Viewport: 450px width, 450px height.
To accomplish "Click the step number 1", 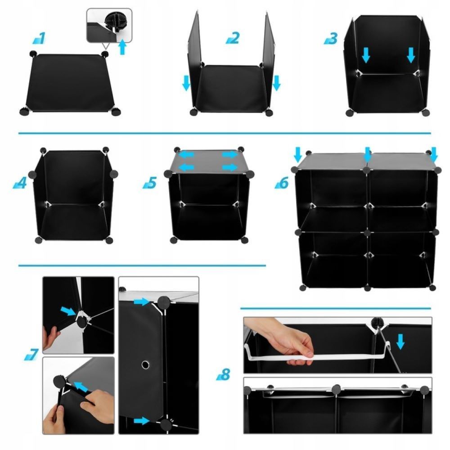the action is point(39,38).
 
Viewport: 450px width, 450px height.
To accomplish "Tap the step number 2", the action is point(233,38).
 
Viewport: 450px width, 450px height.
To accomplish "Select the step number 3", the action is point(331,38).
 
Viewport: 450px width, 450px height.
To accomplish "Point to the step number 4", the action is point(20,183).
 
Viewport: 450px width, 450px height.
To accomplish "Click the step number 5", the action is point(150,183).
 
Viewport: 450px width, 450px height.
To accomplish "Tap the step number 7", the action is point(31,354).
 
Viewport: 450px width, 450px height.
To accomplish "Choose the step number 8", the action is point(223,374).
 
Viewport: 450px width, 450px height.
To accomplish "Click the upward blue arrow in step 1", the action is point(122,47).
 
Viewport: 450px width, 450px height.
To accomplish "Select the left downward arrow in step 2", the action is point(186,83).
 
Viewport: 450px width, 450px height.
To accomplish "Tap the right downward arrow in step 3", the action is point(411,55).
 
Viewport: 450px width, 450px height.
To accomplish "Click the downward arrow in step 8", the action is point(400,342).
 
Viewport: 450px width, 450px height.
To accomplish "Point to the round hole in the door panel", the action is point(145,364).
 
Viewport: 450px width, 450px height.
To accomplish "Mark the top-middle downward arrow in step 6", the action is point(367,154).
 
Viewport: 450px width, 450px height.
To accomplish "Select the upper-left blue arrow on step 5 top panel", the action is point(187,155).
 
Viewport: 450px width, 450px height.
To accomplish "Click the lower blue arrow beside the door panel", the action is point(142,421).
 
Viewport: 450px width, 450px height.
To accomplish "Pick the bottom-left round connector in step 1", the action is point(24,111).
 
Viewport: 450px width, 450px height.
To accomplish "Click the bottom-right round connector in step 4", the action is point(109,240).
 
